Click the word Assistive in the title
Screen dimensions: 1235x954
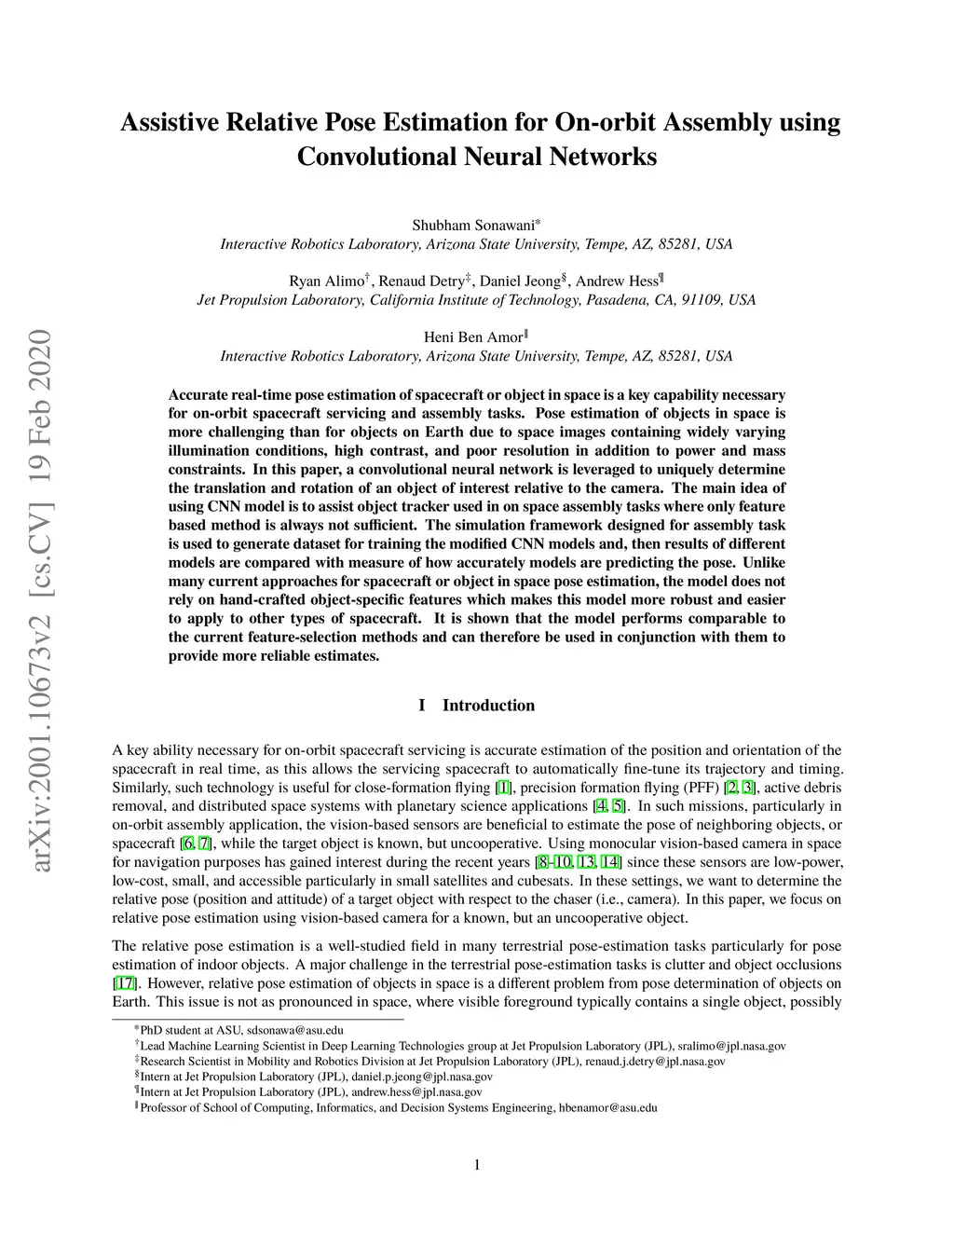pos(170,123)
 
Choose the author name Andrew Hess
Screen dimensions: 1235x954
pos(616,281)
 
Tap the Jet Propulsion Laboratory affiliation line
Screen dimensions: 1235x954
pos(476,300)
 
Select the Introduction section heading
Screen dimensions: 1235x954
pos(488,706)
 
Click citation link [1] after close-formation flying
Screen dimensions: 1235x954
pos(503,788)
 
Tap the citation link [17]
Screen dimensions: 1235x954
pos(124,983)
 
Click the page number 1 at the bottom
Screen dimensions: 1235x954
pos(477,1164)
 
